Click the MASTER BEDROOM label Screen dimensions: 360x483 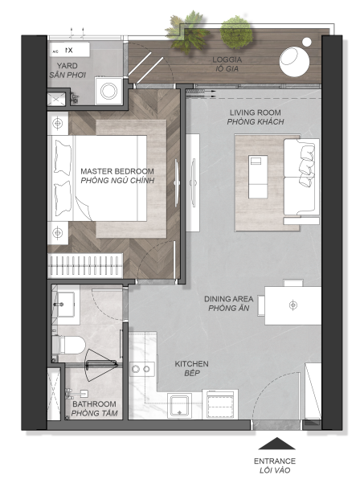tap(117, 171)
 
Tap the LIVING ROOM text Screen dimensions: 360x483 tap(256, 113)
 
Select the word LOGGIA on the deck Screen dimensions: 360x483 tap(227, 59)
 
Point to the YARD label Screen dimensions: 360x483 tap(67, 66)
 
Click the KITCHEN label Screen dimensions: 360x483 tap(191, 364)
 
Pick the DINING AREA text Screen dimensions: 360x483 tap(229, 299)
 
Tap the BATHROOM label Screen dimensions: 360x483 tap(94, 403)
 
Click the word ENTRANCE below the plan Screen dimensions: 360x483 tap(275, 461)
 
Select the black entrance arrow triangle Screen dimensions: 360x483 tap(277, 444)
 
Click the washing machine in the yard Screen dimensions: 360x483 tap(108, 91)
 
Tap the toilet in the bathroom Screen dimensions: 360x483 tap(68, 345)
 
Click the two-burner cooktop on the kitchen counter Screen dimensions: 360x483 tap(141, 369)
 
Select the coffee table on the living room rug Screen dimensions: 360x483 tap(258, 177)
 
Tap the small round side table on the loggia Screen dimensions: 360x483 tap(307, 42)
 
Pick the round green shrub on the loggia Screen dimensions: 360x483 tap(237, 32)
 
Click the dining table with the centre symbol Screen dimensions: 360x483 tap(292, 305)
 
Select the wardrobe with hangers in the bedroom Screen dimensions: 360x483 tap(85, 265)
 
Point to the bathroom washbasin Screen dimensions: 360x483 tap(65, 305)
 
